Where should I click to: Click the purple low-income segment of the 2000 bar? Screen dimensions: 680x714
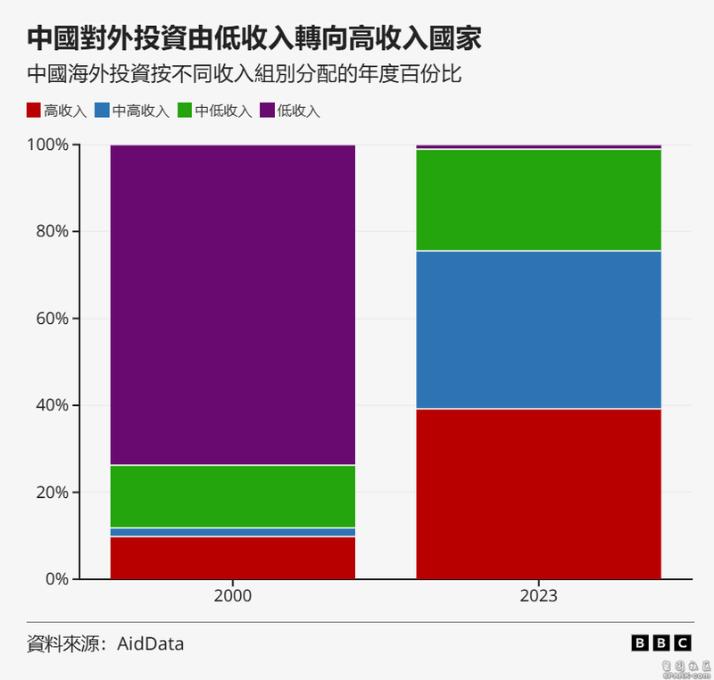[x=232, y=304]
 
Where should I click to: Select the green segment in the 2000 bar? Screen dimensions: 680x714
[x=232, y=496]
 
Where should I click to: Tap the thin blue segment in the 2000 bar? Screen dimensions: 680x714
[x=232, y=532]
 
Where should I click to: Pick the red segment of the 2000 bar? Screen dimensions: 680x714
[x=232, y=558]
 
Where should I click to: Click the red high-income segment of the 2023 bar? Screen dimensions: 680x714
[x=539, y=493]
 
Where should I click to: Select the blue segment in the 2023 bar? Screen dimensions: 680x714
[x=539, y=330]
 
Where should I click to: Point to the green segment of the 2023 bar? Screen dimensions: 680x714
[x=539, y=200]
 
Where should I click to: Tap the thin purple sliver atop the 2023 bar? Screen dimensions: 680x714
[x=539, y=146]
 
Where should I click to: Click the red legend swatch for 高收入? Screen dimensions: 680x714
[x=33, y=111]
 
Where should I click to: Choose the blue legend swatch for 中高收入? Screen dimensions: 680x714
[x=103, y=111]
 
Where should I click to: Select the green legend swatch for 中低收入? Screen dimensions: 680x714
[x=186, y=111]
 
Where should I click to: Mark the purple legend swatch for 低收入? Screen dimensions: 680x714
[x=268, y=111]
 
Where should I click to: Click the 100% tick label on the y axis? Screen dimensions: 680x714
[x=48, y=145]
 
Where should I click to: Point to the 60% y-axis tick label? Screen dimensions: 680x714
[x=53, y=319]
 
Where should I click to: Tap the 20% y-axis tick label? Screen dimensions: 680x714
[x=53, y=492]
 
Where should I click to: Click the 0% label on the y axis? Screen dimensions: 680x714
[x=56, y=579]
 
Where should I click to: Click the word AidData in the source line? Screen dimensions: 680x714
[x=151, y=643]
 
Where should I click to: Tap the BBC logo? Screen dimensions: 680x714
[x=660, y=643]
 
